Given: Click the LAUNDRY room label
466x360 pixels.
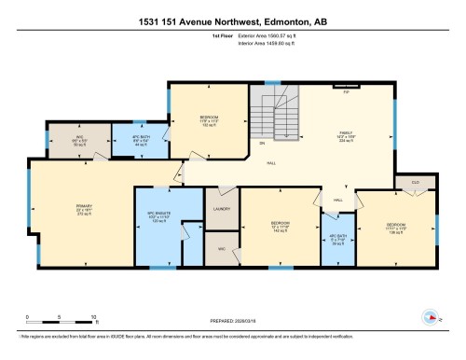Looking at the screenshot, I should click(x=222, y=209).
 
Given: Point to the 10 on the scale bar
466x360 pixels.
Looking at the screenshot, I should click(x=95, y=317).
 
